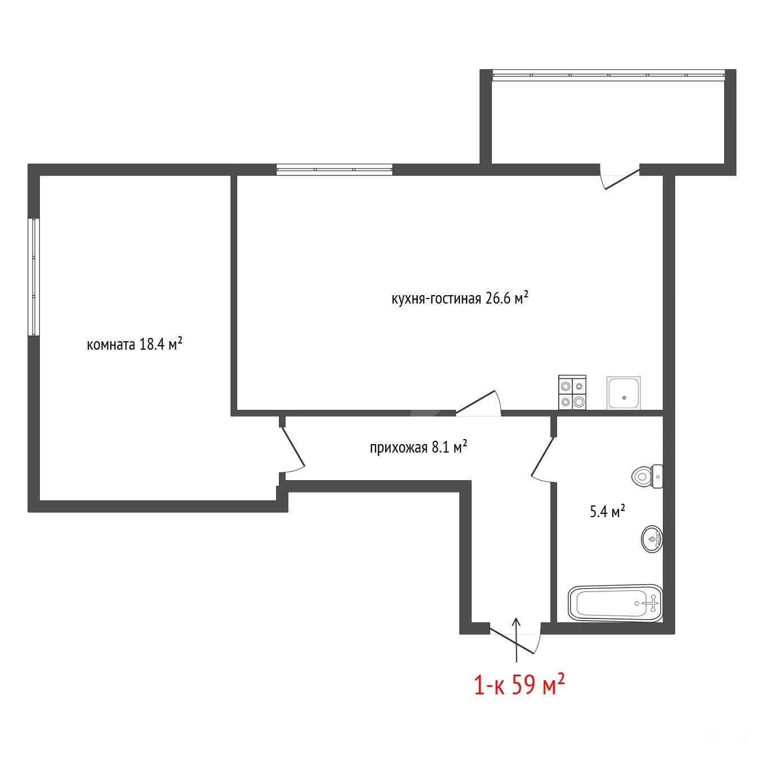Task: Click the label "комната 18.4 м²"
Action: click(134, 344)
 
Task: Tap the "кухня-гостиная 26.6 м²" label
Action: click(460, 298)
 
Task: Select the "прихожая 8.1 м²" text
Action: click(418, 447)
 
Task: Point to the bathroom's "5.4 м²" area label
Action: click(607, 512)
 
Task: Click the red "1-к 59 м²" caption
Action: click(519, 697)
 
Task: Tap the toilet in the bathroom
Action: click(647, 476)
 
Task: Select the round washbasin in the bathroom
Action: click(652, 539)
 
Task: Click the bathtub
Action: click(616, 603)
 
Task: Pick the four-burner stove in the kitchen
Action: click(572, 392)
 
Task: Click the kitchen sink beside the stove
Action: click(623, 392)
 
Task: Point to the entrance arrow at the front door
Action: click(517, 640)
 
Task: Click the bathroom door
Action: click(543, 456)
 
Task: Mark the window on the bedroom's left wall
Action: click(35, 277)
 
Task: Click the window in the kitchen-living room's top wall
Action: click(334, 170)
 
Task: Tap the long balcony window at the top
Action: click(609, 75)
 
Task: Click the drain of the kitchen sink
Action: click(625, 397)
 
